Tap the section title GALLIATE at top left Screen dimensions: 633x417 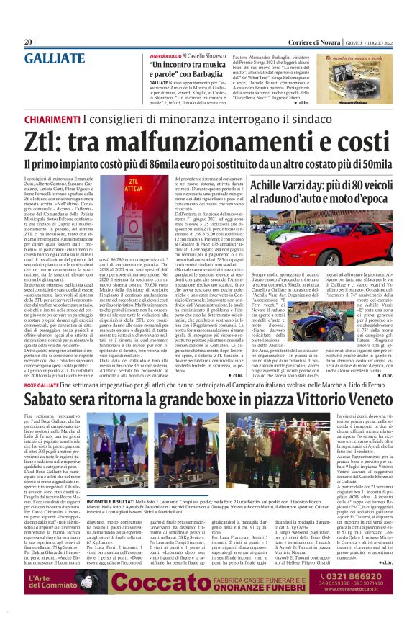(x=54, y=59)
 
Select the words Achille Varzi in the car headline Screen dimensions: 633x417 (x=284, y=185)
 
